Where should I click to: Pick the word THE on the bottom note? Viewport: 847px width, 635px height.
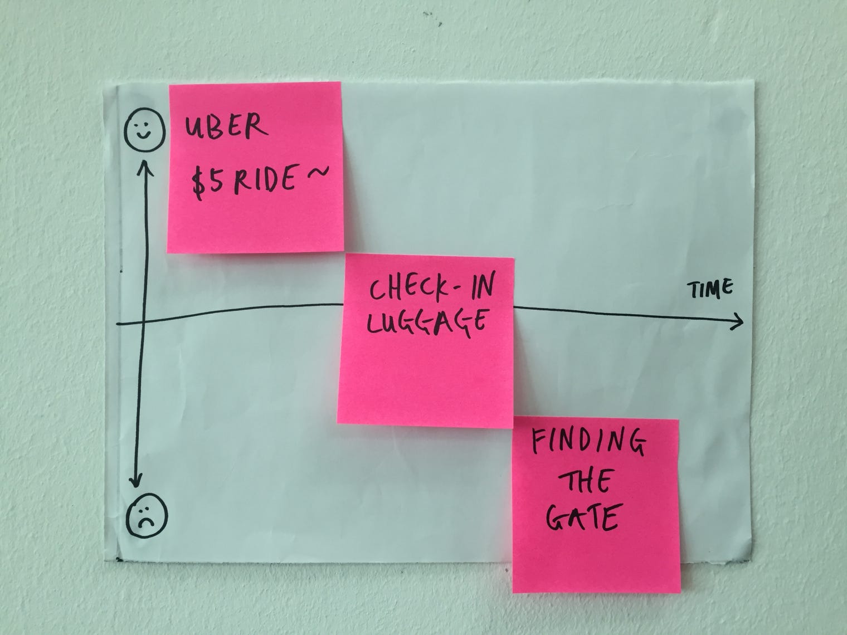[579, 482]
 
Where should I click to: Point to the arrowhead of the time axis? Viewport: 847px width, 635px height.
[739, 321]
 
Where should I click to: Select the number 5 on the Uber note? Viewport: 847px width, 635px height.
[215, 184]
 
